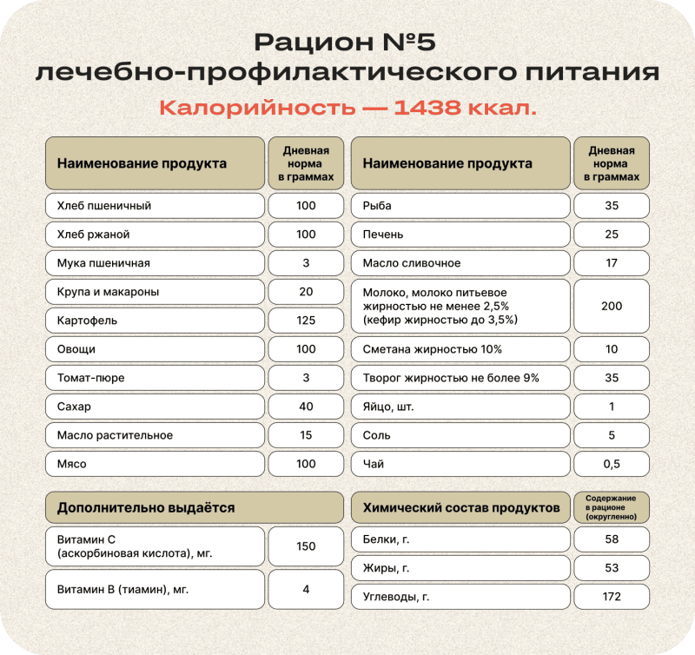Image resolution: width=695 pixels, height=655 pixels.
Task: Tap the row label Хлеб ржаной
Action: (x=93, y=235)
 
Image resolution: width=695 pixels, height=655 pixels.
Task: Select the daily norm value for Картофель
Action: (x=306, y=321)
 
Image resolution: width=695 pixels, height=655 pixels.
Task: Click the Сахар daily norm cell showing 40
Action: (x=306, y=407)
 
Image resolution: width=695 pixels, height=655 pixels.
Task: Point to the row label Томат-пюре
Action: (x=89, y=378)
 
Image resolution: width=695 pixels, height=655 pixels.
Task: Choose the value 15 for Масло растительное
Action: (x=306, y=435)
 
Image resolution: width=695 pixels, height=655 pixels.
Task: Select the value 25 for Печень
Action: (x=612, y=235)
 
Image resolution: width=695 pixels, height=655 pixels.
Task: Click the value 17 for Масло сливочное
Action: (x=612, y=263)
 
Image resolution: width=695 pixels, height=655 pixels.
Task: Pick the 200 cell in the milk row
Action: (x=612, y=306)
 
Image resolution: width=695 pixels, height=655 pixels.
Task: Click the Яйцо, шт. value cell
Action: (x=612, y=407)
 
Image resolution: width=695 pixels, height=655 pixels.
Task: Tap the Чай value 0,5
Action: (x=612, y=464)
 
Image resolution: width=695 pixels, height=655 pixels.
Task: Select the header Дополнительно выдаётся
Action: (x=146, y=507)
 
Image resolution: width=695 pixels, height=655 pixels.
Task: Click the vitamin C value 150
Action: (x=306, y=546)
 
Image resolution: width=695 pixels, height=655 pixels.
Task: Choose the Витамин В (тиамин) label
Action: (x=122, y=589)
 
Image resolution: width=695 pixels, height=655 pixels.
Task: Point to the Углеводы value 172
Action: (x=612, y=597)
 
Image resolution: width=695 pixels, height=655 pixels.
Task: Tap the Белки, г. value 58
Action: (x=612, y=539)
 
